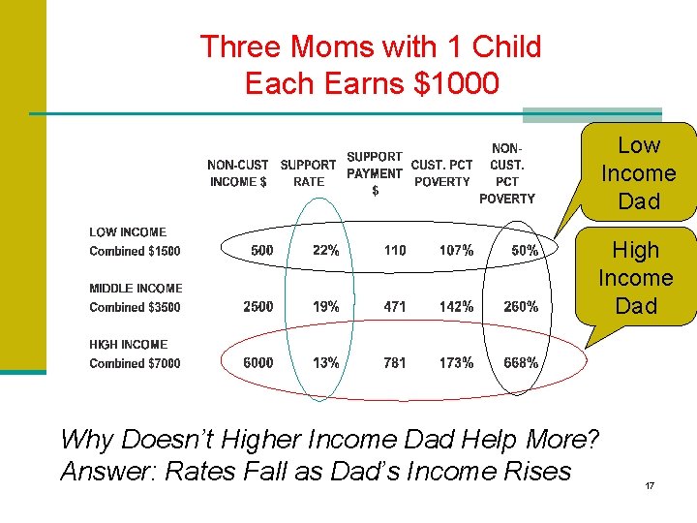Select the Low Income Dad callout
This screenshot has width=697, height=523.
click(638, 173)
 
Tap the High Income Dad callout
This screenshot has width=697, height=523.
click(635, 278)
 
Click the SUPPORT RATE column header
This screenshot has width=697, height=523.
click(308, 173)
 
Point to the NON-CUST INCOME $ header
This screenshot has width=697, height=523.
click(238, 173)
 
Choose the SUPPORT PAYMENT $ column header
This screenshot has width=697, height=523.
click(375, 173)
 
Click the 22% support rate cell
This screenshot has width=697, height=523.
click(326, 251)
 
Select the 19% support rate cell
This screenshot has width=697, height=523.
click(326, 307)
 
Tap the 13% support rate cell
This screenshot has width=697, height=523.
click(326, 363)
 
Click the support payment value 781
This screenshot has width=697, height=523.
click(395, 363)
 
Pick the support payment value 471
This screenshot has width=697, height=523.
click(395, 307)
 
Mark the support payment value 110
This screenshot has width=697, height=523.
click(395, 251)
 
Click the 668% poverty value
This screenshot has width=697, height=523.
click(521, 363)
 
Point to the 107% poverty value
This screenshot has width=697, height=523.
click(456, 251)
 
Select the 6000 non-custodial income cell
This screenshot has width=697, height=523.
click(258, 363)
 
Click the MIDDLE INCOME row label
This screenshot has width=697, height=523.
click(136, 289)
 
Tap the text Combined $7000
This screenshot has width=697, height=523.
click(135, 364)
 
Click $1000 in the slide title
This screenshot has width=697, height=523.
click(456, 83)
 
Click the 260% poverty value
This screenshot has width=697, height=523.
click(521, 307)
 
